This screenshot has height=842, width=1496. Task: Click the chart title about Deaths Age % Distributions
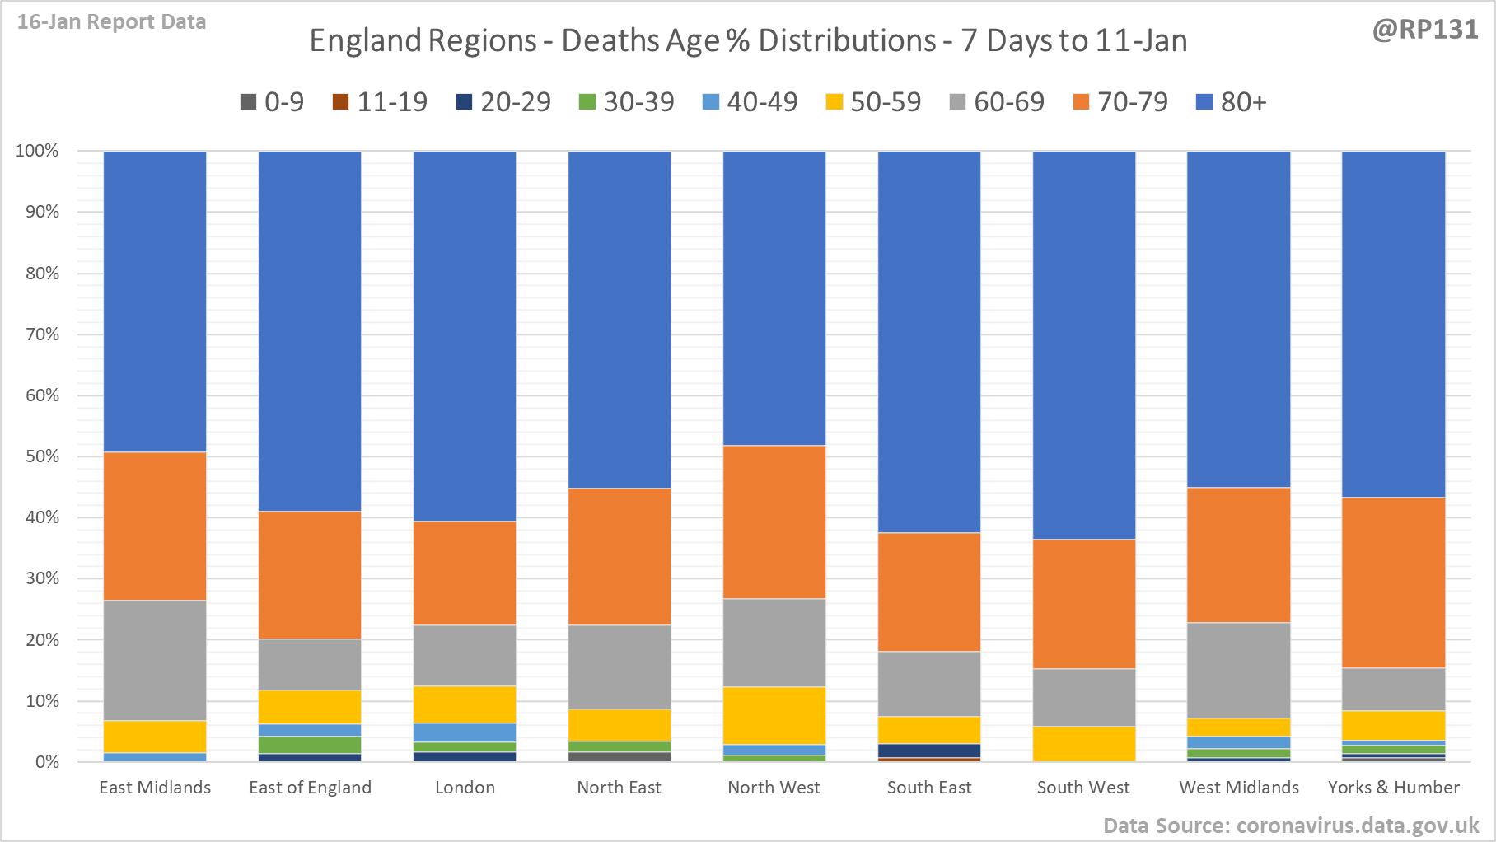click(748, 41)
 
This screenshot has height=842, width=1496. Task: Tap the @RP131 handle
click(1424, 30)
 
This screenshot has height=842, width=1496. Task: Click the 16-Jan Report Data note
click(111, 22)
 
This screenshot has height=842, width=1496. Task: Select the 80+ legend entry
click(1231, 102)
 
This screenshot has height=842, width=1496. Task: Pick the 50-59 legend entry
click(873, 102)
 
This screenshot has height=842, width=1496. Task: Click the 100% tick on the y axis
click(38, 151)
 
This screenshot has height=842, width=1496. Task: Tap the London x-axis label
click(465, 788)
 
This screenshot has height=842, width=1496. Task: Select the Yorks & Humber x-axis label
click(1393, 788)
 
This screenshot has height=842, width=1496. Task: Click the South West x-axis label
click(1083, 788)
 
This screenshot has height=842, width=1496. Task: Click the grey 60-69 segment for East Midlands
click(155, 660)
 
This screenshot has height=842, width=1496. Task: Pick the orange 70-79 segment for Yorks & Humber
click(1393, 582)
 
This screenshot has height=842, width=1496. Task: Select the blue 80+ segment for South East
click(929, 342)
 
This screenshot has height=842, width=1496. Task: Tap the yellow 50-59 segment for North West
click(774, 715)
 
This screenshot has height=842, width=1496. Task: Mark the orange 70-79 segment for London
click(465, 573)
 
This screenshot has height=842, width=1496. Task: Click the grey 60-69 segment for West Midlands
click(1238, 670)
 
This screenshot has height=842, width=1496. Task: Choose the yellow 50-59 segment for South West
click(1084, 743)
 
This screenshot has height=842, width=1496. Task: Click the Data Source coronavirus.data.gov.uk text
click(1291, 826)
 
